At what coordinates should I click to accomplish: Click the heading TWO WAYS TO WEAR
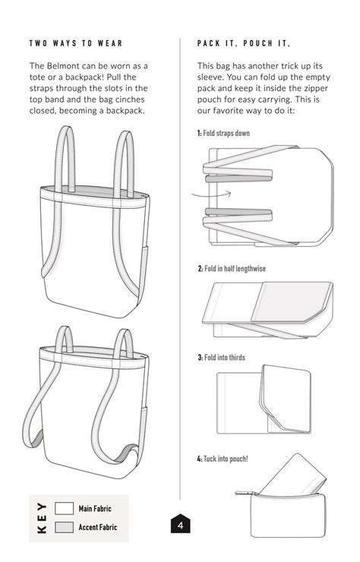[x=76, y=44]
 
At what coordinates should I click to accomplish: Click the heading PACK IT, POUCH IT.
[x=243, y=44]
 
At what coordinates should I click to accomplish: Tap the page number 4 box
[x=180, y=525]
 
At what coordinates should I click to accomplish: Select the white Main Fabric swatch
[x=65, y=508]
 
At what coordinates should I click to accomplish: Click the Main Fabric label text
[x=96, y=508]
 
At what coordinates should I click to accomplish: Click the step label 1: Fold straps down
[x=223, y=133]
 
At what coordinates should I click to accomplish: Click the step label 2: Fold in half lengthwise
[x=232, y=269]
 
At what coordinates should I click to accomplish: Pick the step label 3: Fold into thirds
[x=221, y=357]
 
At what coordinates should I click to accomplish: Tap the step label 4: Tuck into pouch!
[x=223, y=459]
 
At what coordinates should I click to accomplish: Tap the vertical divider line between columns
[x=180, y=266]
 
